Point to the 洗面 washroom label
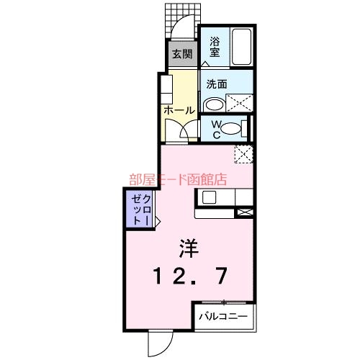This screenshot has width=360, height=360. click(x=217, y=83)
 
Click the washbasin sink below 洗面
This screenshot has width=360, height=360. click(x=214, y=104)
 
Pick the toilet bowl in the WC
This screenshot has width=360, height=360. click(x=230, y=130)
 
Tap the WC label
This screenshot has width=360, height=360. click(x=213, y=129)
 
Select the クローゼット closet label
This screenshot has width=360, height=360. click(x=140, y=210)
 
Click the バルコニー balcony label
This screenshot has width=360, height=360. click(x=222, y=316)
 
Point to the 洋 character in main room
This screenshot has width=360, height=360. click(x=189, y=248)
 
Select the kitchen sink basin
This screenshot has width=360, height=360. click(x=210, y=197)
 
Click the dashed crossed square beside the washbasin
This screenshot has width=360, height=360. click(x=240, y=102)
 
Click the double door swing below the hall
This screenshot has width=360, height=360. click(x=180, y=130)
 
